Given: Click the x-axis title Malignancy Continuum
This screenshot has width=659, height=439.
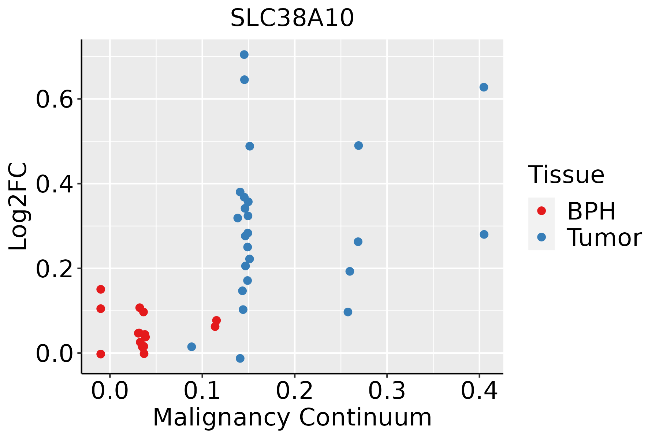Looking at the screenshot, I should [x=292, y=417].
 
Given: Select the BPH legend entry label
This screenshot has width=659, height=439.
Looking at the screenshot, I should [x=591, y=211].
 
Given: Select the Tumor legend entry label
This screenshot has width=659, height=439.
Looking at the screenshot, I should [x=604, y=238].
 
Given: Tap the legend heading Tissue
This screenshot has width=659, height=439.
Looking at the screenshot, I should [x=566, y=175].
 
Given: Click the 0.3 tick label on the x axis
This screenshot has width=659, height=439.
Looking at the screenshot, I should [x=387, y=391].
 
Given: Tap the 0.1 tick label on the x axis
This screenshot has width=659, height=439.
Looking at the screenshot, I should [x=202, y=391].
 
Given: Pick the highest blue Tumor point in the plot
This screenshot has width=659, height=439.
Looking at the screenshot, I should [x=244, y=55].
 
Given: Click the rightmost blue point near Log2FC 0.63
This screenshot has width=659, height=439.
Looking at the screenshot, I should [x=484, y=87].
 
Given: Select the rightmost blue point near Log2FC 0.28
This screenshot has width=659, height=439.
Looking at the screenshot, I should [x=484, y=234].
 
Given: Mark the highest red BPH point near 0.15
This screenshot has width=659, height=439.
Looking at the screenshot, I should [x=101, y=289].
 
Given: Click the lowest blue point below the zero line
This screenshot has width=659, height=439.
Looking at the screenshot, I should [x=240, y=359].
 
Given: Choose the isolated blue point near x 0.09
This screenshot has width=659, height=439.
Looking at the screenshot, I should [x=191, y=347].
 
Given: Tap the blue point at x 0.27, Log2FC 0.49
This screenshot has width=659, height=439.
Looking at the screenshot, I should [x=358, y=146].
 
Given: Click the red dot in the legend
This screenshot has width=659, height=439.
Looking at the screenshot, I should [x=541, y=211].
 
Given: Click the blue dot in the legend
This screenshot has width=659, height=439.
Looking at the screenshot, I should [x=541, y=237].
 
